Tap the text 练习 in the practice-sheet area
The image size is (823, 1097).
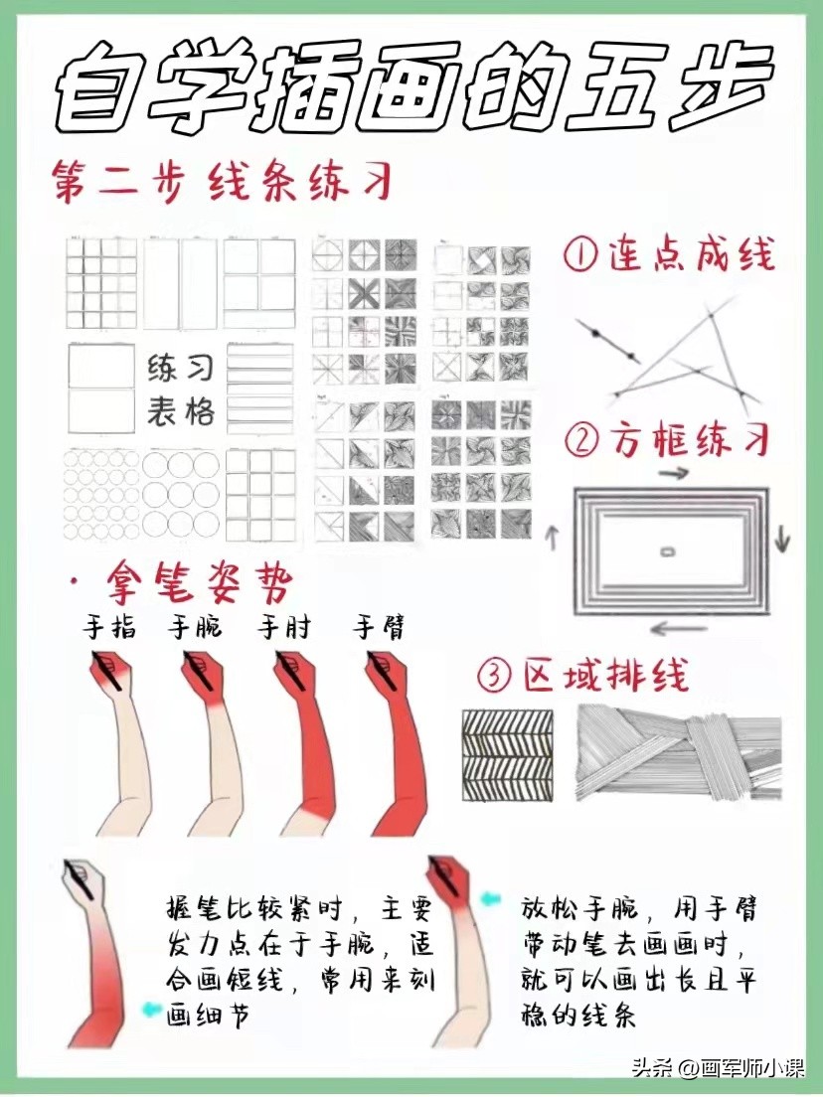(x=180, y=368)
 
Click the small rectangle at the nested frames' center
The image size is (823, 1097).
(x=668, y=551)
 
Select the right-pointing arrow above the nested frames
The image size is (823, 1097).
(x=673, y=474)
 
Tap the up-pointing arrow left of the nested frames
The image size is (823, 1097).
(x=553, y=538)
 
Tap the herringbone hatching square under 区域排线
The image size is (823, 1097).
(x=507, y=755)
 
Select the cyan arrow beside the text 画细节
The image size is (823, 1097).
(x=151, y=1009)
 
